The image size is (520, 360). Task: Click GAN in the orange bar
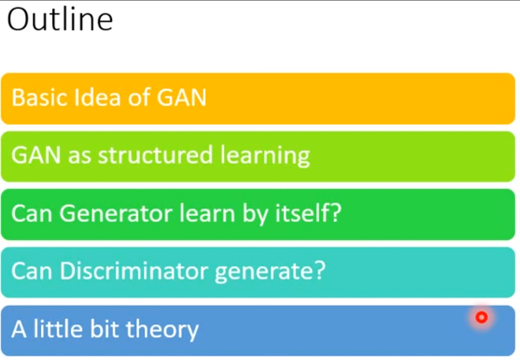point(182,98)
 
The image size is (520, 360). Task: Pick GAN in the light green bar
point(36,156)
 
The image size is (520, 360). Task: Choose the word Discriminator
point(135,272)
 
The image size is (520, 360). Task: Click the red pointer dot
point(481,318)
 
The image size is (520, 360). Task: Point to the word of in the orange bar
point(138,98)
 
